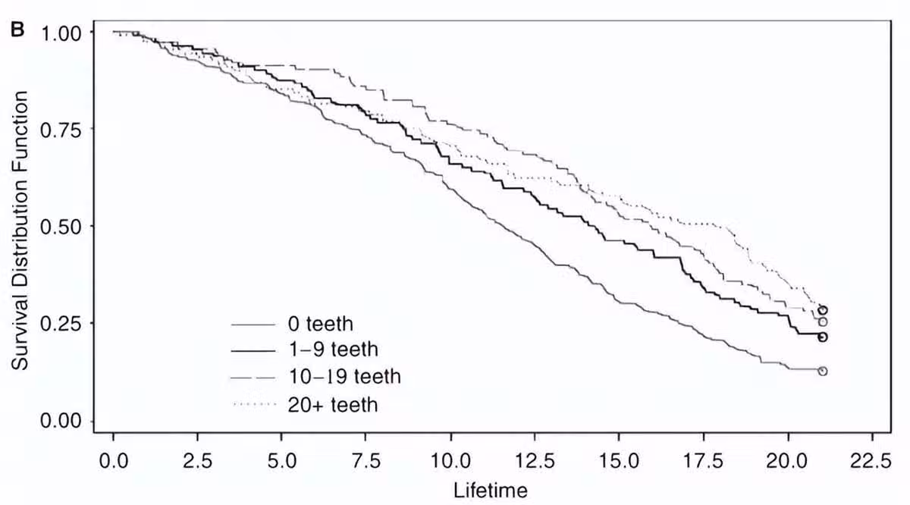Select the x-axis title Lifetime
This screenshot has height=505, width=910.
tap(491, 489)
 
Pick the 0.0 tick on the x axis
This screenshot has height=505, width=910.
tap(114, 461)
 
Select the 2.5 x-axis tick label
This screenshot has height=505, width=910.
tap(198, 461)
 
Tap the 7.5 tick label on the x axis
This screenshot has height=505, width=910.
tap(366, 461)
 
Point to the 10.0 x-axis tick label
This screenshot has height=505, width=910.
tap(450, 461)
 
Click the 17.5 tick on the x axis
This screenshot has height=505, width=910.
tap(704, 461)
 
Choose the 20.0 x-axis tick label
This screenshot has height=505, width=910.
tap(788, 461)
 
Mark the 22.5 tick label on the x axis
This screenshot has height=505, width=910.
tap(872, 461)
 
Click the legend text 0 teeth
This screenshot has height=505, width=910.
tap(321, 325)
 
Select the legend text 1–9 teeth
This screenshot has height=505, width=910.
tap(333, 350)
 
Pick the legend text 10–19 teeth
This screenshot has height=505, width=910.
tap(345, 376)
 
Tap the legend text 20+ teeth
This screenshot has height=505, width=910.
tap(333, 405)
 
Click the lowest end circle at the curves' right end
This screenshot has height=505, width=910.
tap(823, 371)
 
